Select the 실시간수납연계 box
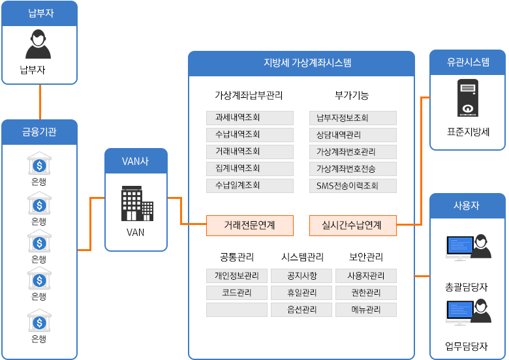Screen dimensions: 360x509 coord(352,226)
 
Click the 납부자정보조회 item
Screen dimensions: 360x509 coord(352,118)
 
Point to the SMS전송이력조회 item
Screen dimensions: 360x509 coord(352,186)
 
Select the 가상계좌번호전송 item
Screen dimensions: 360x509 coord(352,169)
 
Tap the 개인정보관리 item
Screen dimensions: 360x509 coord(237,276)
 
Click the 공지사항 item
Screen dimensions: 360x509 coord(301,276)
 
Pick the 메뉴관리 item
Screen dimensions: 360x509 coord(366,310)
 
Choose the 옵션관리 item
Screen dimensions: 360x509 coord(301,310)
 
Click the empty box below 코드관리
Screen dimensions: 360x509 coord(237,310)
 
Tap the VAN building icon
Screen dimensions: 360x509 coord(136,203)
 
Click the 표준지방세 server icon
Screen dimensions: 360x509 coord(467,98)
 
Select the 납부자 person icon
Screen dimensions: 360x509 coord(39,45)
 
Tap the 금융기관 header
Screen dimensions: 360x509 coord(39,132)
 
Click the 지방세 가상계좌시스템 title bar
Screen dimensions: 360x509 coord(301,63)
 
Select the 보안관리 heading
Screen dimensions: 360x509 coord(366,257)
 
